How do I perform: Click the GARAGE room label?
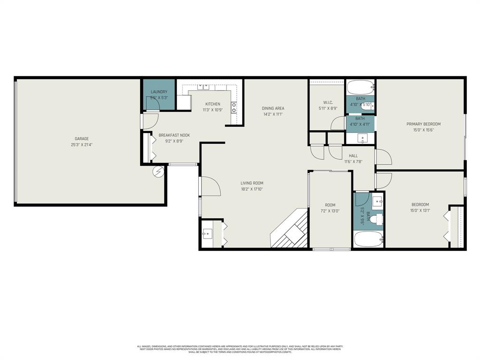click(82, 139)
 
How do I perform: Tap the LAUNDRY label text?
click(159, 92)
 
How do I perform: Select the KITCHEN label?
click(212, 104)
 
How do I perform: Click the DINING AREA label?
click(273, 108)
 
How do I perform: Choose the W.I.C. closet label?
click(328, 102)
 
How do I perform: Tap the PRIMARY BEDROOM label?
click(423, 124)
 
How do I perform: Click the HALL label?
click(353, 156)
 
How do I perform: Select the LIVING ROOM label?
click(252, 183)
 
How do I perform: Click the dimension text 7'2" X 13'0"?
click(330, 211)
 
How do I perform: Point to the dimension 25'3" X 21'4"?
click(82, 145)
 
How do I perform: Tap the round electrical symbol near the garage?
click(158, 172)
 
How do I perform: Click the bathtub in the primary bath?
click(360, 87)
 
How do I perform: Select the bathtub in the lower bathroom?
click(368, 240)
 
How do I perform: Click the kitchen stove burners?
click(233, 111)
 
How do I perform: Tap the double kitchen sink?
click(203, 87)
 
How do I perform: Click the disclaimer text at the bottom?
click(240, 349)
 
